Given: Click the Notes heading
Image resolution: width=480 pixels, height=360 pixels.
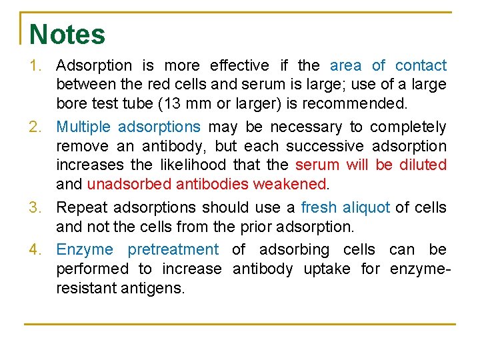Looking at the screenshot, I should [67, 35].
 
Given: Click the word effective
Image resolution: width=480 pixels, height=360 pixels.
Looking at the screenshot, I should [240, 66].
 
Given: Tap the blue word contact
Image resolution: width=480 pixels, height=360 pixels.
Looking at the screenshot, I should [421, 66].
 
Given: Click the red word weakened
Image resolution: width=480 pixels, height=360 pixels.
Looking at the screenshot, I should [291, 183].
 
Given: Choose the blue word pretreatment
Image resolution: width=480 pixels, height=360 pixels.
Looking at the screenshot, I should [173, 250].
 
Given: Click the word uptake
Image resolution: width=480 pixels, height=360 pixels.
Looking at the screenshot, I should [331, 269].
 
